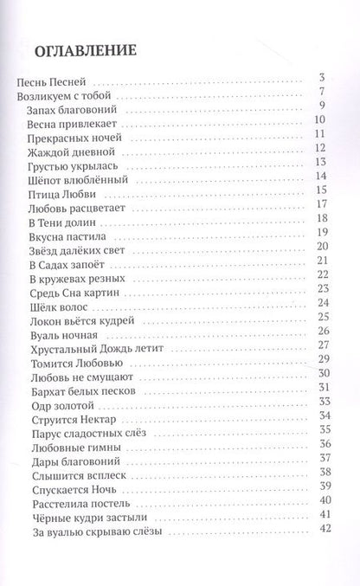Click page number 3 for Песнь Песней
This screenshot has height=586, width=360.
click(x=320, y=78)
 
